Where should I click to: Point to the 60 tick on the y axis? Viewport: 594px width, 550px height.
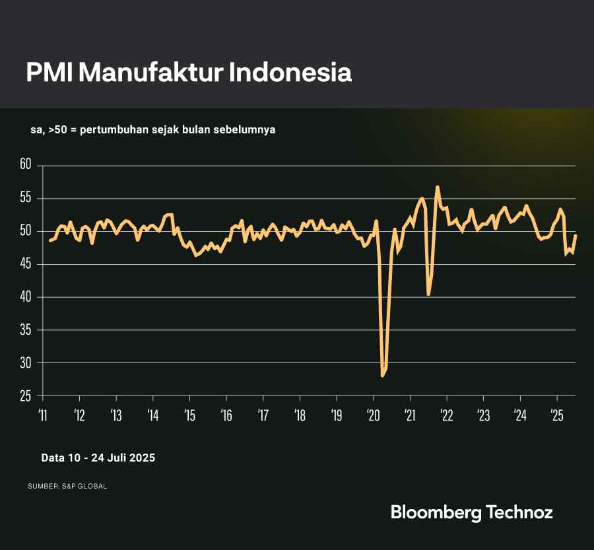point(26,165)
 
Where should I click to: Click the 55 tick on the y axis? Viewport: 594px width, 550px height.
point(26,198)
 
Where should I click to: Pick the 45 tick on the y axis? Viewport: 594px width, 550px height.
point(26,264)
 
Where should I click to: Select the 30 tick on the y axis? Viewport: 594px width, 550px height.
point(26,362)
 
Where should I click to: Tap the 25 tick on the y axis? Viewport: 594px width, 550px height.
point(26,395)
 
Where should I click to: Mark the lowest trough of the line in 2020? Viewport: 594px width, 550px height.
point(382,375)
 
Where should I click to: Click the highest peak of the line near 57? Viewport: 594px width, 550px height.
point(438,187)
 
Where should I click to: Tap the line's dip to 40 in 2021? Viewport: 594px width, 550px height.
point(429,294)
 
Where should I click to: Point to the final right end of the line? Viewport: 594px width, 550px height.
point(576,236)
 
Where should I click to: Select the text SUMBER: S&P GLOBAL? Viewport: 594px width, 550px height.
point(67,486)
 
